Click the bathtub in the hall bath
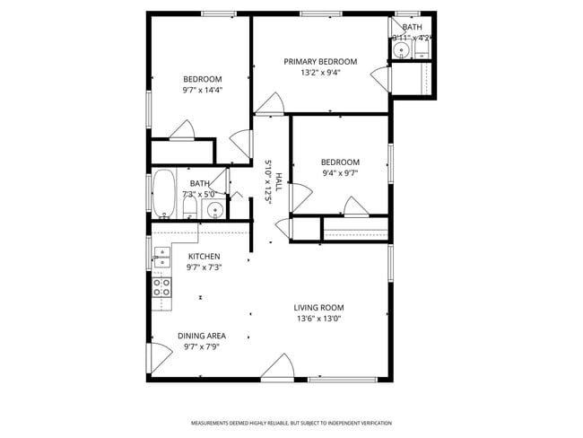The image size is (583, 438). pos(163,193)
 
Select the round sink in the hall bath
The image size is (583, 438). pos(214,210)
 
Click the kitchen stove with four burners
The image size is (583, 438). pos(162,287)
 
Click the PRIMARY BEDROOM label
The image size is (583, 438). pos(320,62)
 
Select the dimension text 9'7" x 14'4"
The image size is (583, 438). pos(203,90)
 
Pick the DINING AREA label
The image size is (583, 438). pos(202,336)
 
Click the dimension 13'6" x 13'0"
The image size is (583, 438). pos(318,318)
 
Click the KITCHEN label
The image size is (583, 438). pos(204,257)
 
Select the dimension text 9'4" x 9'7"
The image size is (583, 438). pos(340,173)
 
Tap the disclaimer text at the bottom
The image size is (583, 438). pos(291,423)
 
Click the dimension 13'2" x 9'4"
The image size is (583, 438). pos(320,73)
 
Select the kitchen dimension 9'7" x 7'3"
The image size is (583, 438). pos(204,267)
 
